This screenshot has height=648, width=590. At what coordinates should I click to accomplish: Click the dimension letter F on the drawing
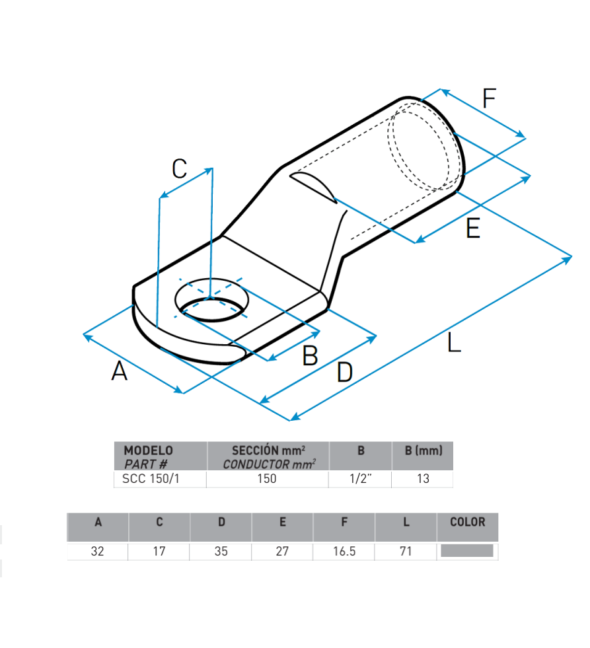pos(489,98)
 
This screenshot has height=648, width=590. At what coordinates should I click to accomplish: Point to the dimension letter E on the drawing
pos(473,229)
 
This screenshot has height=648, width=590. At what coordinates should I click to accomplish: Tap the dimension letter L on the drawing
pos(454,343)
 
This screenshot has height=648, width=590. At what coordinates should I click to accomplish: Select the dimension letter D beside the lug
pos(344,372)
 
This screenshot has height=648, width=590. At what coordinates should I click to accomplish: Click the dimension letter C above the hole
pos(180,168)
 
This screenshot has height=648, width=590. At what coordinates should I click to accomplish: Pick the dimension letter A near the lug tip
pos(119,371)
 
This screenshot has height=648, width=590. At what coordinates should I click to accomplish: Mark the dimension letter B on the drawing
pos(310,355)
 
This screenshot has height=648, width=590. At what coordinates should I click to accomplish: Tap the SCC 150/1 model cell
pos(151,478)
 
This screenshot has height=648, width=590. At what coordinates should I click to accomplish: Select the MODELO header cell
pos(161,456)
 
